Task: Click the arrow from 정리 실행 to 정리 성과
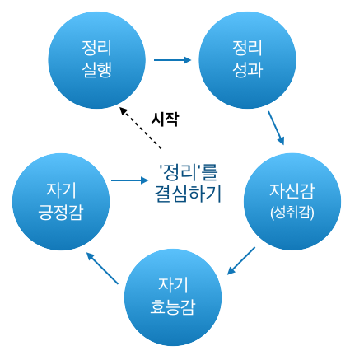point(172,59)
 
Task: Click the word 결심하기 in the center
point(190,194)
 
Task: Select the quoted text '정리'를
point(190,173)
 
